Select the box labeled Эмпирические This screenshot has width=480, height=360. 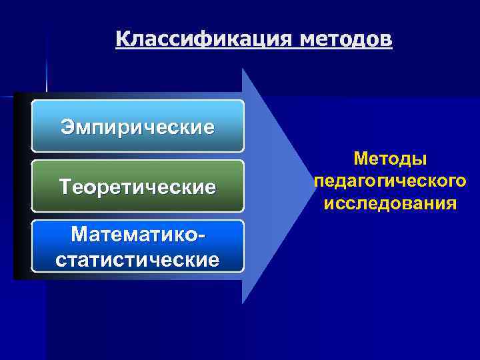click(x=138, y=126)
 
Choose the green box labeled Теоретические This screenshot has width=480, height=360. click(x=138, y=186)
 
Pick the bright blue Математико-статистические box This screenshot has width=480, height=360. click(x=138, y=246)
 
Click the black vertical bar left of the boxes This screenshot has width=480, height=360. click(x=21, y=186)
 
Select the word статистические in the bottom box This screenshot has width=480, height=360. click(x=138, y=259)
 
